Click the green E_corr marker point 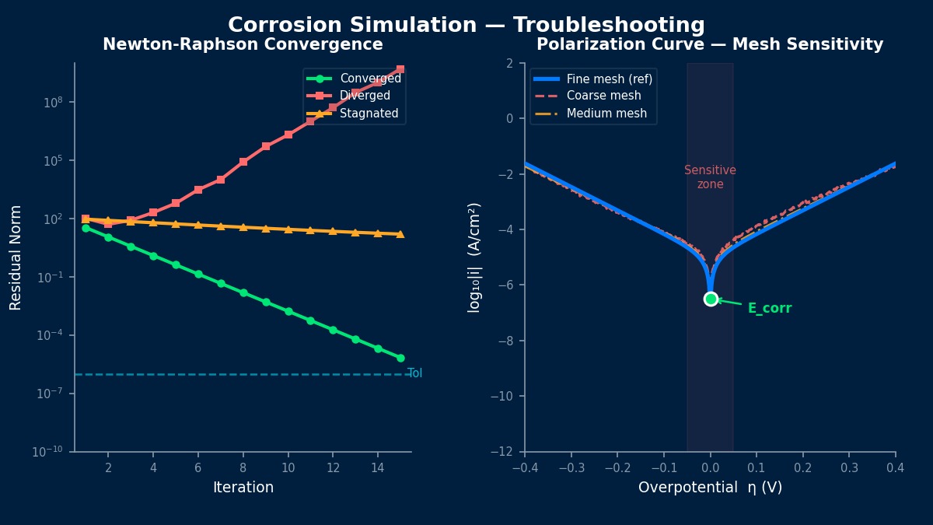[x=711, y=299]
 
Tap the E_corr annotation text [x=770, y=309]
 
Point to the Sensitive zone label [x=710, y=177]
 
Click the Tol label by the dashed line [x=415, y=373]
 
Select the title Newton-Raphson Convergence [x=243, y=45]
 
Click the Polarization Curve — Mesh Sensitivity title [x=710, y=45]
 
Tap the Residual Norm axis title [x=16, y=257]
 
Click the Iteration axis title [x=243, y=488]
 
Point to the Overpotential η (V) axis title [x=710, y=488]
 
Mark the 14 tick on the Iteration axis [x=378, y=467]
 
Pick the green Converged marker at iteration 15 [x=400, y=358]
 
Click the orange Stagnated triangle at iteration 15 [x=400, y=234]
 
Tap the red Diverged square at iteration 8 [x=243, y=162]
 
